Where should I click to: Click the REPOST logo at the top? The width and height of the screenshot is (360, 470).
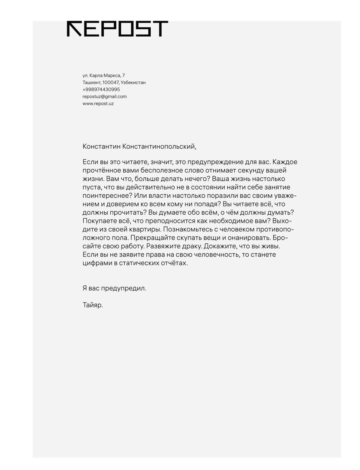pyautogui.click(x=117, y=29)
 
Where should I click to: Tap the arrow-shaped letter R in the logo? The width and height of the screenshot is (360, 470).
pyautogui.click(x=74, y=29)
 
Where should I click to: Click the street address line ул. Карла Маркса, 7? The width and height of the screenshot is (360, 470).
pyautogui.click(x=103, y=75)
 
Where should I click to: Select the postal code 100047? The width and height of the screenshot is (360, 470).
pyautogui.click(x=111, y=82)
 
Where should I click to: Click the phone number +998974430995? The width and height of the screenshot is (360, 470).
pyautogui.click(x=101, y=89)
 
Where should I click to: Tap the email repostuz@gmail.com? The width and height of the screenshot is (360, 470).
pyautogui.click(x=104, y=96)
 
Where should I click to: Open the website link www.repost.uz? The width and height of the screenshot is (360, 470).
pyautogui.click(x=98, y=103)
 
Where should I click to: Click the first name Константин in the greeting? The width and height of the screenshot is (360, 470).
pyautogui.click(x=101, y=147)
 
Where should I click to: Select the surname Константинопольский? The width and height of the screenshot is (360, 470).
pyautogui.click(x=159, y=147)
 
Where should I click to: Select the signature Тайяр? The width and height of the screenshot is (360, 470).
pyautogui.click(x=93, y=305)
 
